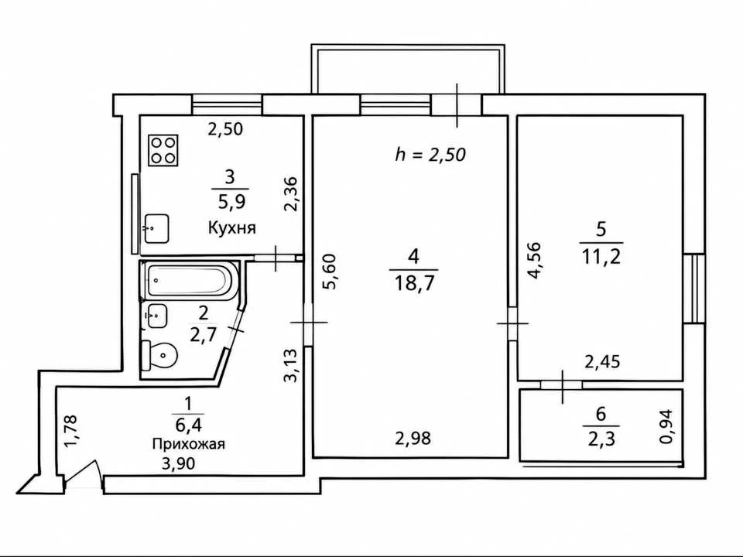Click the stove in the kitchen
pyautogui.click(x=163, y=150)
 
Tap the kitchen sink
pyautogui.click(x=156, y=229)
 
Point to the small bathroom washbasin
pyautogui.click(x=156, y=316)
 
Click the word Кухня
pyautogui.click(x=231, y=227)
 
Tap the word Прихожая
pyautogui.click(x=189, y=444)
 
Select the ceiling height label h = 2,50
pyautogui.click(x=430, y=155)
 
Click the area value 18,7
pyautogui.click(x=413, y=284)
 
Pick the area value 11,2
pyautogui.click(x=601, y=257)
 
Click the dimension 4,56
pyautogui.click(x=533, y=261)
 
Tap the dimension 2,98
pyautogui.click(x=413, y=438)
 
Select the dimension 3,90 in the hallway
pyautogui.click(x=178, y=463)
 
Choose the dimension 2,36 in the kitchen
pyautogui.click(x=290, y=193)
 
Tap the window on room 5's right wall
pyautogui.click(x=693, y=289)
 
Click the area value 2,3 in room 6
pyautogui.click(x=601, y=439)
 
